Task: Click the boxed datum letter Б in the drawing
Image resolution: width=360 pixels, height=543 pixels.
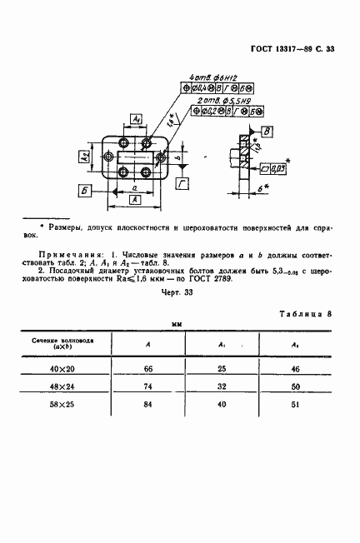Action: point(85,191)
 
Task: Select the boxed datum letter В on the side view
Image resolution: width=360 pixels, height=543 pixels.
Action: point(267,132)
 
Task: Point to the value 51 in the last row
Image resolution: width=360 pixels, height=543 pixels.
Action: point(292,406)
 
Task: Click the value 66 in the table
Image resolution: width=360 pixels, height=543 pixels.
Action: point(148,370)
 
